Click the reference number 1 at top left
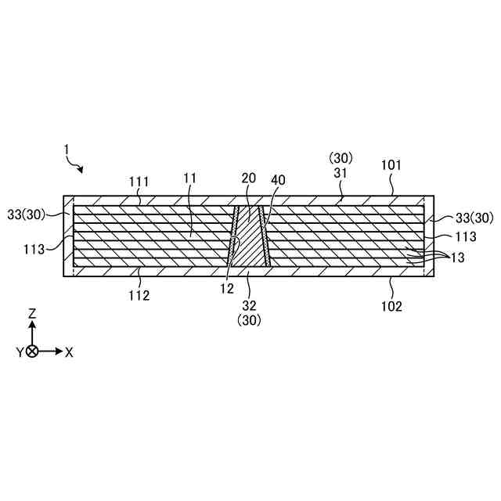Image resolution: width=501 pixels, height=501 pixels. click(x=67, y=149)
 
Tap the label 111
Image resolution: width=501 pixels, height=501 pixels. click(x=140, y=181)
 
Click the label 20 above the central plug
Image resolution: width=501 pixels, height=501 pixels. click(x=249, y=179)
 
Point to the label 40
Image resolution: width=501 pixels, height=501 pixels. click(x=278, y=180)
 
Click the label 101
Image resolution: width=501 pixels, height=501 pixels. click(x=391, y=166)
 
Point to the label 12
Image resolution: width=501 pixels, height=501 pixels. click(x=227, y=289)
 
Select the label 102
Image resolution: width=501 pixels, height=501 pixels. click(x=391, y=306)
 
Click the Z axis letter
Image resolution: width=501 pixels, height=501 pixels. click(x=32, y=313)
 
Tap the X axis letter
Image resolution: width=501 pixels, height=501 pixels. click(x=69, y=352)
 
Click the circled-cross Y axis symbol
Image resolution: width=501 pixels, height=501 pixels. click(x=32, y=351)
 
